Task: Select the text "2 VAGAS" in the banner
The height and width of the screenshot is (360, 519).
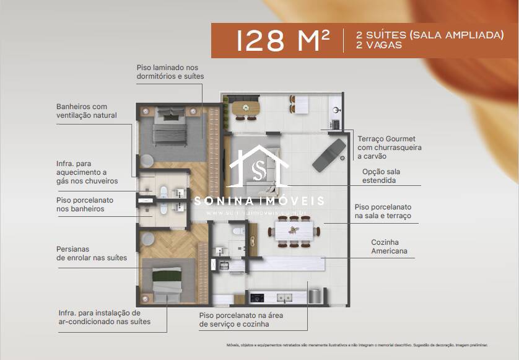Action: click(379, 45)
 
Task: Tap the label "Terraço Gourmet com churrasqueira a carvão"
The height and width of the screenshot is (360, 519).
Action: click(389, 148)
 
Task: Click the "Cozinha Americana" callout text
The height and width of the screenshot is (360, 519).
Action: click(389, 247)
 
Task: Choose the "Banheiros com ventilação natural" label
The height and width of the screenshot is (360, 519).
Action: click(86, 111)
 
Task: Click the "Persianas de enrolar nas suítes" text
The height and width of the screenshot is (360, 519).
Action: click(92, 253)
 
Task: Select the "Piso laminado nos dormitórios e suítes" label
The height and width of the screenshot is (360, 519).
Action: click(170, 72)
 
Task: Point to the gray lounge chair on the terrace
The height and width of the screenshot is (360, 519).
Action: click(329, 155)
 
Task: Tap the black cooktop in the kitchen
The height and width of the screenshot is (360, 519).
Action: click(258, 297)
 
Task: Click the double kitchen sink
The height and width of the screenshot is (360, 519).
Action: click(284, 297)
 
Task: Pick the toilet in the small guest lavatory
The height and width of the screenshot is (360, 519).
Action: click(236, 232)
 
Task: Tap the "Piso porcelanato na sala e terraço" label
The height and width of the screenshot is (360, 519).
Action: click(382, 211)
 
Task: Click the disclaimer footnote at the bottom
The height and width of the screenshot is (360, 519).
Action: click(355, 345)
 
